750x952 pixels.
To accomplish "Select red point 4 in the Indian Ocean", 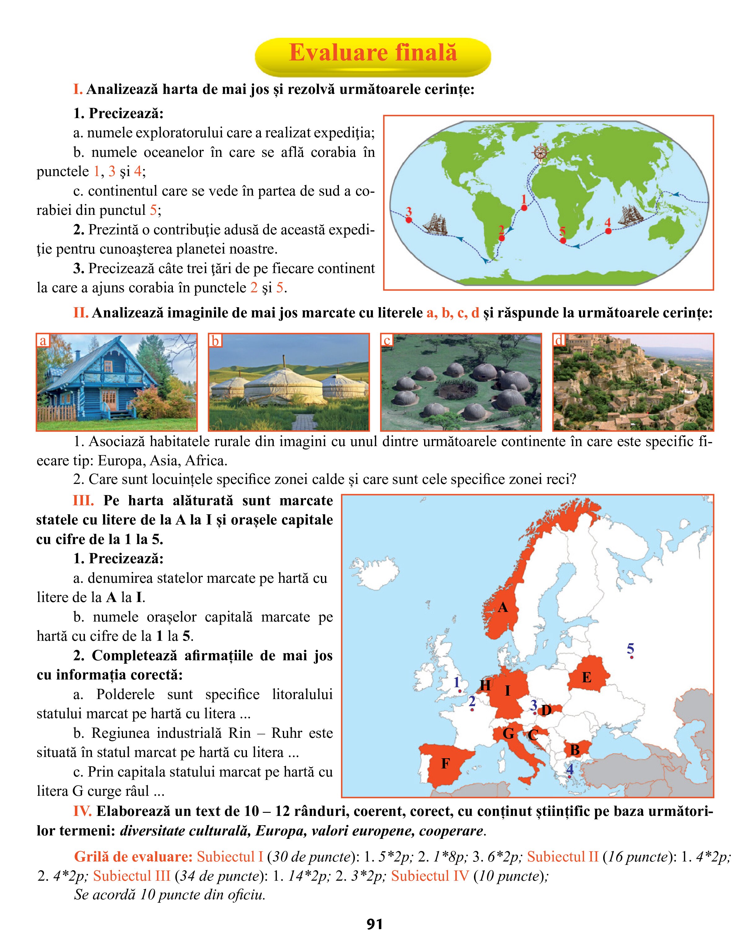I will pyautogui.click(x=608, y=231).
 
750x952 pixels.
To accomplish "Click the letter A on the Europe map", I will pyautogui.click(x=503, y=608).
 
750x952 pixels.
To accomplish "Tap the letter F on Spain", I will pyautogui.click(x=445, y=764).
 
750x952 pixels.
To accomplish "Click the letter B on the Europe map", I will pyautogui.click(x=574, y=750).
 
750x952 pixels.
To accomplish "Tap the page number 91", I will pyautogui.click(x=375, y=924).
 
